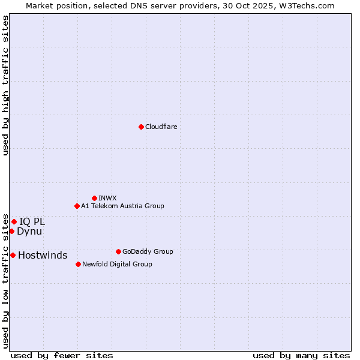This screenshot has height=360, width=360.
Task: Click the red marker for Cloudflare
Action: [x=141, y=127]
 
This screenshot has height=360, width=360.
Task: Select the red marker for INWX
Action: [x=94, y=198]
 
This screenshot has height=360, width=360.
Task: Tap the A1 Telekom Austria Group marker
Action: [x=77, y=206]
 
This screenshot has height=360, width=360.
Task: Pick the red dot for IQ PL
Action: [x=14, y=221]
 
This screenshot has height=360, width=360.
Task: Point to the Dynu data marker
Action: [x=11, y=231]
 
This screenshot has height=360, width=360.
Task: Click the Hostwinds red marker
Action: [x=13, y=255]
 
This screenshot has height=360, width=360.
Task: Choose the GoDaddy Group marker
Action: [x=118, y=251]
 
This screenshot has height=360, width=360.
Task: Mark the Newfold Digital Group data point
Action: [x=78, y=264]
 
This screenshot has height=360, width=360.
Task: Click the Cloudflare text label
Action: [x=161, y=127]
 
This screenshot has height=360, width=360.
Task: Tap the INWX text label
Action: [x=107, y=198]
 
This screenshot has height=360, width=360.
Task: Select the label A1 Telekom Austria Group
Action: [x=122, y=206]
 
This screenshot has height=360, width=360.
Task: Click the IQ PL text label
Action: [x=32, y=221]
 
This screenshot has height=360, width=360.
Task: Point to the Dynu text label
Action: [x=29, y=231]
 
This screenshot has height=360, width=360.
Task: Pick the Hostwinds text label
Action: [x=43, y=255]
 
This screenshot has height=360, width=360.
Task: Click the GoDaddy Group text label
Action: [x=147, y=251]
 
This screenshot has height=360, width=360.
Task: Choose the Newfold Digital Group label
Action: [x=117, y=264]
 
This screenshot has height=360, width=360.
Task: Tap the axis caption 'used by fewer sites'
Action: [x=62, y=355]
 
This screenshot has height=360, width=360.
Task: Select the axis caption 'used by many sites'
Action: [x=301, y=355]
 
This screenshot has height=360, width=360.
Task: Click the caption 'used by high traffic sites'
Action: [x=5, y=85]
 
